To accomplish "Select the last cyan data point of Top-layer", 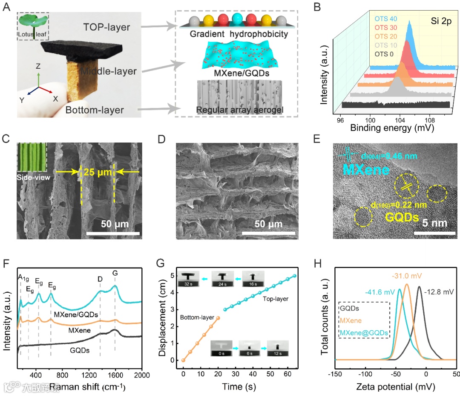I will click(295, 275).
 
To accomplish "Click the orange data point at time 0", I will click(183, 360).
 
